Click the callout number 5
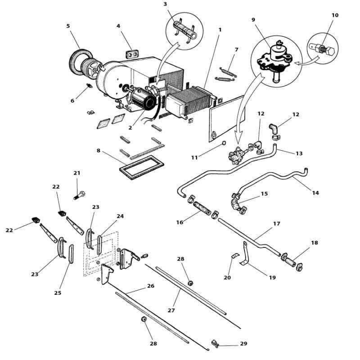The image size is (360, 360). coord(68,26)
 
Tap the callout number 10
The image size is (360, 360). coord(335,15)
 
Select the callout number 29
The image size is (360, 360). coord(243,343)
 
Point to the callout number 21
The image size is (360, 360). coord(76,173)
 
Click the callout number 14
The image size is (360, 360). coord(315,193)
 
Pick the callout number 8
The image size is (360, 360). coord(99,151)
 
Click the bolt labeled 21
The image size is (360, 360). coord(80,196)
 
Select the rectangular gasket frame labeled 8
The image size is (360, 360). coord(142,167)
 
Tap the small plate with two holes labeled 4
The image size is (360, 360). coord(132,54)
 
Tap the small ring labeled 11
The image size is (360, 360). coord(224,143)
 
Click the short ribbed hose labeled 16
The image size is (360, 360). coord(202,208)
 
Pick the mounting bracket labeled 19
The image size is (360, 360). coord(245,254)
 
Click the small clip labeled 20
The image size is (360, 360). coord(234,256)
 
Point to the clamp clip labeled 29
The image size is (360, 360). coord(215,343)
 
